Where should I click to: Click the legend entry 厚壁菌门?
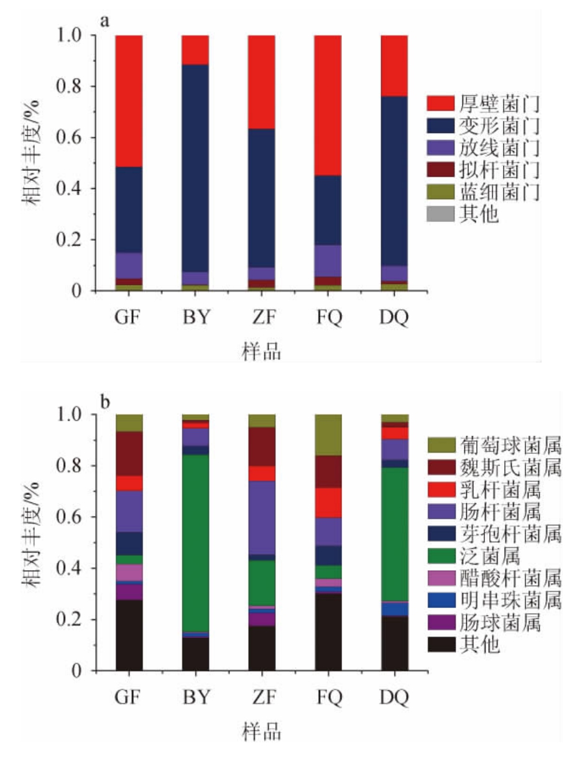point(491,102)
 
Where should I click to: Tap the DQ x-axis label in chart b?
point(395,698)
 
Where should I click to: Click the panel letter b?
point(106,404)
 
